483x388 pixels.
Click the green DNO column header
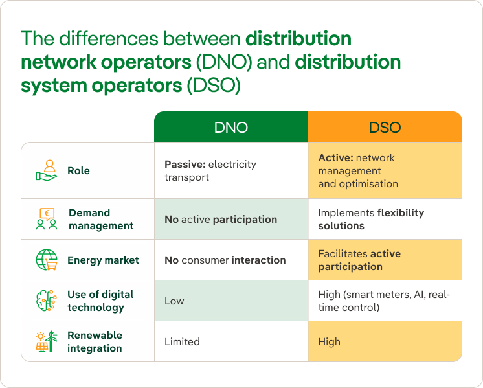click(x=231, y=127)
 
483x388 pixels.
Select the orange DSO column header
click(x=385, y=127)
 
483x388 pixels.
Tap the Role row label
click(x=78, y=170)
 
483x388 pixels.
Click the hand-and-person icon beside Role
click(x=46, y=170)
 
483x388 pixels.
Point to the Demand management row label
click(x=101, y=219)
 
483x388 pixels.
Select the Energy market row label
click(x=103, y=260)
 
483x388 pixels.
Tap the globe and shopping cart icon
click(x=47, y=260)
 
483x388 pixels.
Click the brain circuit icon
click(x=47, y=301)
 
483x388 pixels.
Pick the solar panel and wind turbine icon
click(x=47, y=341)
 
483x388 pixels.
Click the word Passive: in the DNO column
click(x=185, y=165)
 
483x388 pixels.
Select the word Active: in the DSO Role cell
click(x=336, y=158)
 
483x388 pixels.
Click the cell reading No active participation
click(x=231, y=219)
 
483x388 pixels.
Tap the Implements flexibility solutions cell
click(x=385, y=219)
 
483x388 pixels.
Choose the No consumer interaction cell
click(x=231, y=260)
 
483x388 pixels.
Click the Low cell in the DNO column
click(x=231, y=301)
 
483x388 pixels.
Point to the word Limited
click(x=182, y=341)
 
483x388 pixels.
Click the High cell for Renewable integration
click(x=385, y=341)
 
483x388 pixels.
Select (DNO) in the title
click(x=224, y=62)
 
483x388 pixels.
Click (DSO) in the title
click(x=214, y=86)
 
